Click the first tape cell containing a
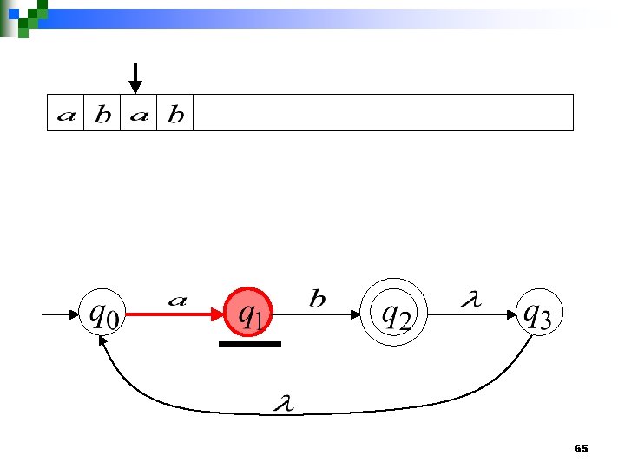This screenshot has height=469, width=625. (x=65, y=114)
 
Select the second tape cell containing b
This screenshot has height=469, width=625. (x=102, y=114)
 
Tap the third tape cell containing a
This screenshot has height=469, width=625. (x=139, y=114)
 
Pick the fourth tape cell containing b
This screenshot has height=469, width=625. (x=175, y=114)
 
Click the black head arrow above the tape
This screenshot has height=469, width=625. (x=135, y=78)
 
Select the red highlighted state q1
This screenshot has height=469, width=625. (x=250, y=314)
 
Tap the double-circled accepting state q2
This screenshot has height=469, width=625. (x=396, y=314)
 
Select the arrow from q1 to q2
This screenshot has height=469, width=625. (x=321, y=314)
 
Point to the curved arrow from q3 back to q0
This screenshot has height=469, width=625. (x=312, y=413)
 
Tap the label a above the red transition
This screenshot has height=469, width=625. (x=177, y=301)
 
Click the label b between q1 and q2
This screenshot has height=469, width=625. (x=318, y=300)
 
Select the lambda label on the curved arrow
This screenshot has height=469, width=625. (x=281, y=403)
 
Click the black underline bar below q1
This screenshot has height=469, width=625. (x=250, y=344)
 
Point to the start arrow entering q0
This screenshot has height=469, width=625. (x=59, y=314)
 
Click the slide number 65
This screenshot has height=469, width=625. (x=582, y=448)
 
